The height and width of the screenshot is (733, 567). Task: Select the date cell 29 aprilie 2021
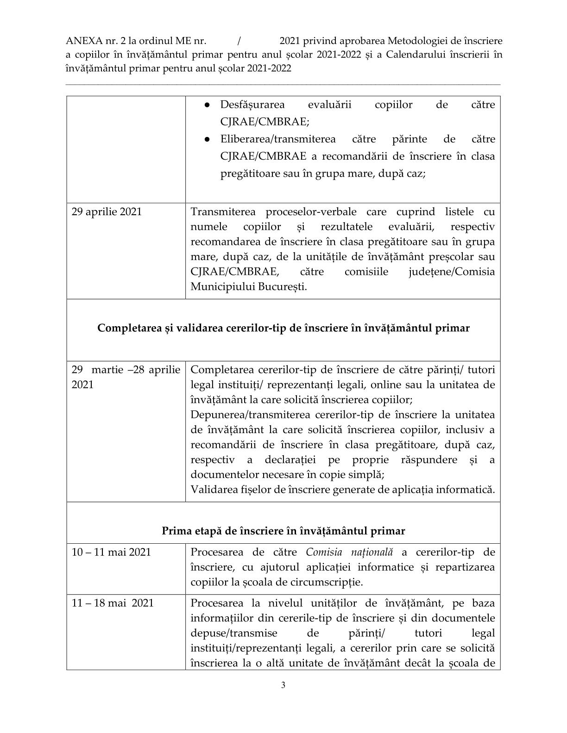pos(107,212)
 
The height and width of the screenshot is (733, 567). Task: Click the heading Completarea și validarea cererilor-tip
pos(283,328)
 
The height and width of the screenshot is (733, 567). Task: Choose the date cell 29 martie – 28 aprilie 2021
pos(125,377)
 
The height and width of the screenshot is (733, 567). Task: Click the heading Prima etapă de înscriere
pos(283,531)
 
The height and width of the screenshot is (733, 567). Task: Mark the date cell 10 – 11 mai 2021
pos(111,552)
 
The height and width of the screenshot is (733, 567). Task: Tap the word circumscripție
pos(328,582)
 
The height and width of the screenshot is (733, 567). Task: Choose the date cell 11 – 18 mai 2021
pos(112,603)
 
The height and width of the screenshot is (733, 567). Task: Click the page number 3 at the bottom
pos(283,685)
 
